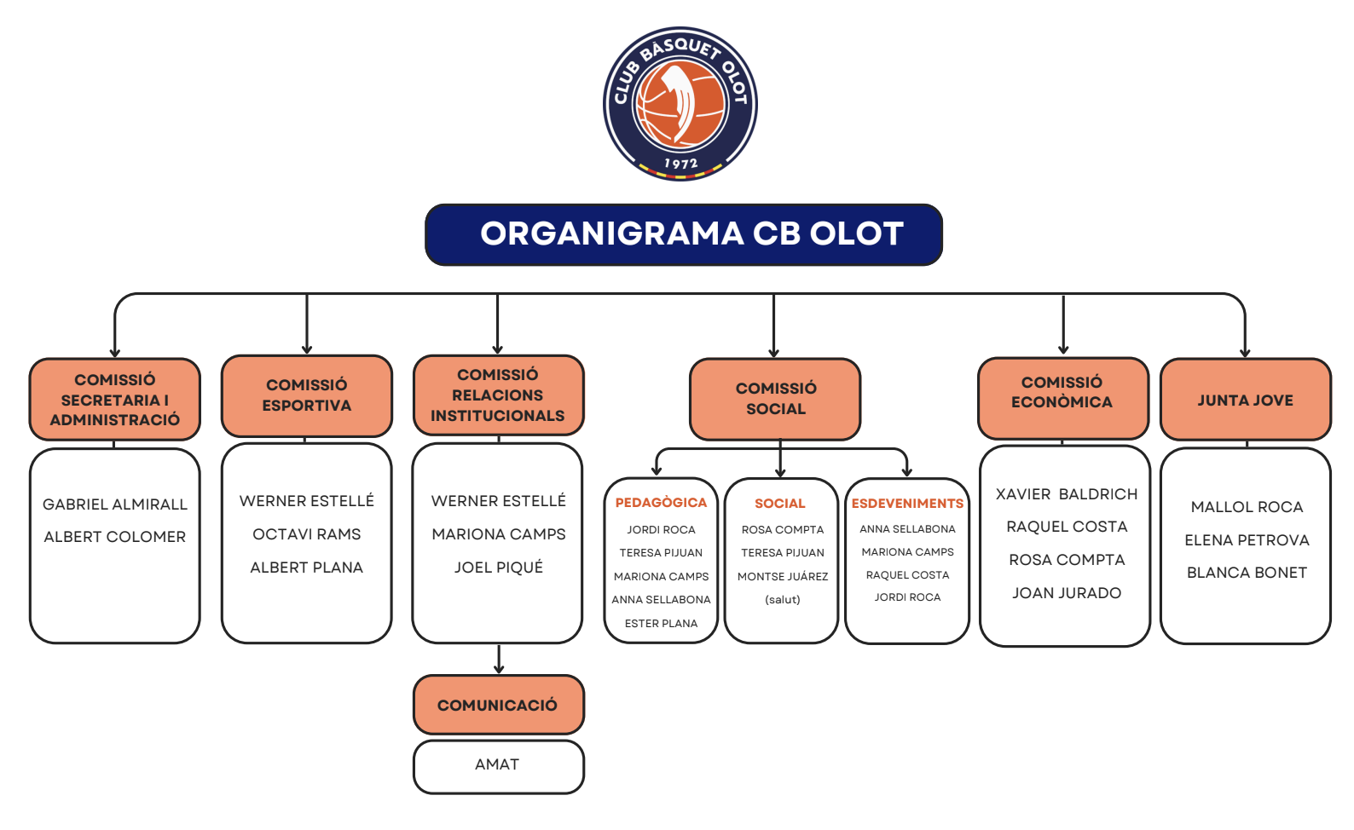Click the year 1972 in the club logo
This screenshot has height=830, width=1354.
tap(680, 164)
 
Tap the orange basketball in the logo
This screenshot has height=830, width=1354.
tap(680, 102)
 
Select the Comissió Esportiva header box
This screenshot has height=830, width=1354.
tap(306, 395)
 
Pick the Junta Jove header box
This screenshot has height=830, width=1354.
tap(1245, 400)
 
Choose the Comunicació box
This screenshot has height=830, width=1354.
tap(498, 705)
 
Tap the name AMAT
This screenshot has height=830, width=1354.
tap(497, 764)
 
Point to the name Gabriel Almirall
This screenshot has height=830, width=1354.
tap(115, 504)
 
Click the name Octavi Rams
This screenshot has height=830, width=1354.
tap(306, 534)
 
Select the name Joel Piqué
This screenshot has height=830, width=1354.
tap(499, 568)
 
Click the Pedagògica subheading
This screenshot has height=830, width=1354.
tap(661, 503)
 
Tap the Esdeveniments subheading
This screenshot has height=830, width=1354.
tap(907, 504)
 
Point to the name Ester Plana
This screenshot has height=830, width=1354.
tap(661, 624)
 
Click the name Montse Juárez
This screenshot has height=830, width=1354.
tap(783, 577)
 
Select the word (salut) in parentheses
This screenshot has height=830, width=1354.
tap(783, 600)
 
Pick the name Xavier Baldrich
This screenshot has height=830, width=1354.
tap(1067, 494)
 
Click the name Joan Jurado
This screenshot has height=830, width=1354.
tap(1067, 593)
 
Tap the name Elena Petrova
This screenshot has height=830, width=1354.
tap(1247, 540)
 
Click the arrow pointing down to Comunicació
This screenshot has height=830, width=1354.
tap(499, 661)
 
